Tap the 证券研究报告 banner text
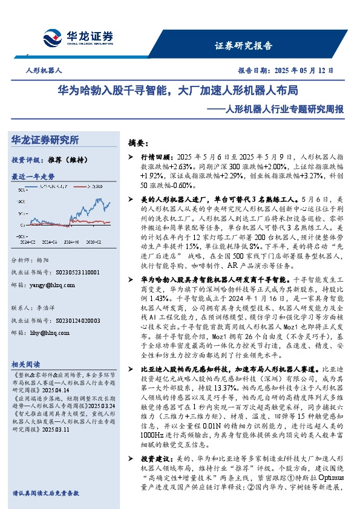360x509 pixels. click(243, 45)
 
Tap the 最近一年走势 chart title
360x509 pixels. click(33, 177)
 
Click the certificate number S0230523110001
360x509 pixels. click(66, 273)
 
